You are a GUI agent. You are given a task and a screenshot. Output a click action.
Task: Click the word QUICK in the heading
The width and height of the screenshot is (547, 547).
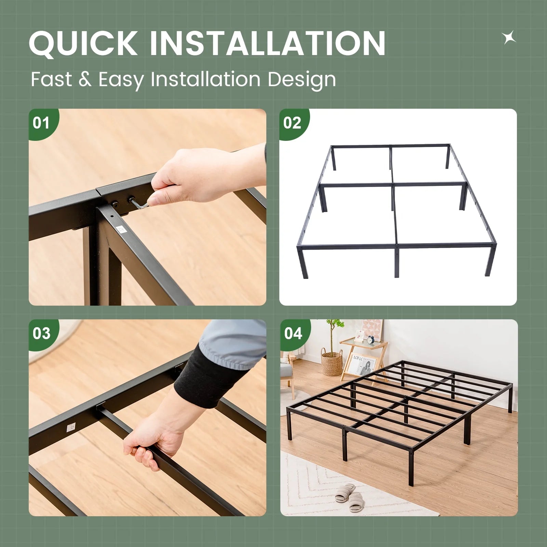(83, 43)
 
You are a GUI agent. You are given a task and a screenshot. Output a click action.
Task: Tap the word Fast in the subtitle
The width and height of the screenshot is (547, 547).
(51, 79)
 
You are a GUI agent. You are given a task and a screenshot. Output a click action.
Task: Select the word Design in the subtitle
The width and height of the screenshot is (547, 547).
(302, 80)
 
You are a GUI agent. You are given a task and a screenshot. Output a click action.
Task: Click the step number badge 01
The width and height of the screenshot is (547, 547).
(42, 123)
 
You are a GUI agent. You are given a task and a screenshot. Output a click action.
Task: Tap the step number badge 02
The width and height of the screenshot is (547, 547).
(293, 123)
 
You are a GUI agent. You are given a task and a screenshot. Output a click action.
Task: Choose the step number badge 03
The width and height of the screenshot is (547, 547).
(42, 334)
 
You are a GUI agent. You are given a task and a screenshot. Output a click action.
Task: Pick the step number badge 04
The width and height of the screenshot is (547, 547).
(294, 334)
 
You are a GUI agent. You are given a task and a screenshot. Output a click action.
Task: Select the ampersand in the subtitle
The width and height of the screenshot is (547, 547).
(85, 80)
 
